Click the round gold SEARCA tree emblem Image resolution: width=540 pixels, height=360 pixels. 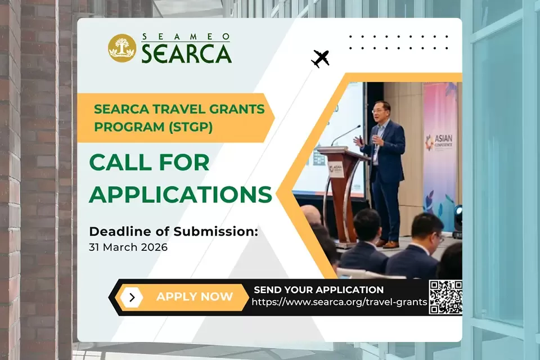[122, 48]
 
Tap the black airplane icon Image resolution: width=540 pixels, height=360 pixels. [321, 58]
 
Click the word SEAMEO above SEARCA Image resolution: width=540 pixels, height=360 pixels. [186, 37]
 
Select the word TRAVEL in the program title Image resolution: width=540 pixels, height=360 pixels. [178, 109]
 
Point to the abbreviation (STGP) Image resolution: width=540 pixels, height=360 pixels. [191, 127]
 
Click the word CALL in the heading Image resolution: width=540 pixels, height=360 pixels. [120, 163]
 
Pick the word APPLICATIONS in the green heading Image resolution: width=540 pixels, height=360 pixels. [181, 194]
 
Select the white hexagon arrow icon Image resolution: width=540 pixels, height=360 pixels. [132, 298]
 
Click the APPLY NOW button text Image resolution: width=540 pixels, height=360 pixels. [195, 296]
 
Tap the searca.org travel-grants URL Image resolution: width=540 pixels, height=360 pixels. [339, 302]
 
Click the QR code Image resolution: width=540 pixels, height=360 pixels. [445, 298]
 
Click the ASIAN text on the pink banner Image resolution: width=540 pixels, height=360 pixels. [443, 138]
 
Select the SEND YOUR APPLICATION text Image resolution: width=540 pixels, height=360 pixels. [318, 290]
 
